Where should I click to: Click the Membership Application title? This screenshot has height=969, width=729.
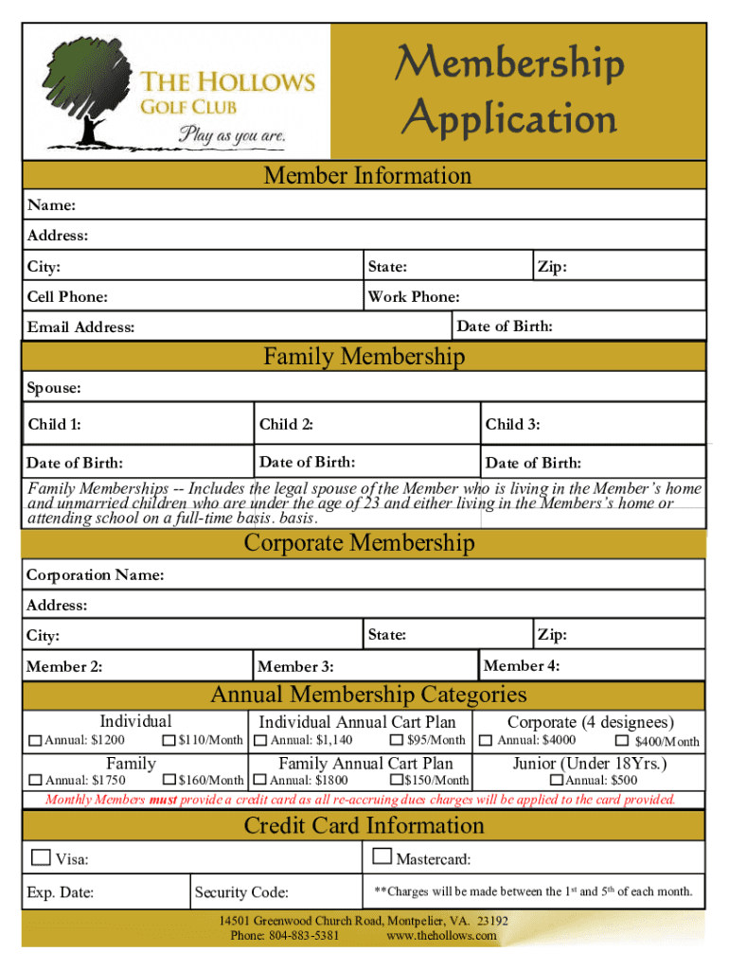click(x=510, y=92)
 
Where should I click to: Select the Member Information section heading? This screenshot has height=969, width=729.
click(x=366, y=175)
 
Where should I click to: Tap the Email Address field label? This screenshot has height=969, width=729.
click(x=80, y=327)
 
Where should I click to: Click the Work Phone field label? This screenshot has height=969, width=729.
click(x=414, y=297)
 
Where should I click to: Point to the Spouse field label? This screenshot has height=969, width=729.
click(x=54, y=388)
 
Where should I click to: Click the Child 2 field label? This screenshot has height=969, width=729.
click(x=287, y=424)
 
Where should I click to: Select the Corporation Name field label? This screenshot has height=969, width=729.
click(x=95, y=575)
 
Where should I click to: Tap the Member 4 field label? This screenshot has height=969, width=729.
click(x=522, y=666)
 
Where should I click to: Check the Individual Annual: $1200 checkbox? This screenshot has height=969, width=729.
click(x=35, y=741)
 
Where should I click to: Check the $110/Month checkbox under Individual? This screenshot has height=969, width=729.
click(x=169, y=741)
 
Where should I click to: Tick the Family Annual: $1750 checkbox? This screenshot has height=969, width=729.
click(x=35, y=781)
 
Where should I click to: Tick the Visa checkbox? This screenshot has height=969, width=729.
click(x=41, y=858)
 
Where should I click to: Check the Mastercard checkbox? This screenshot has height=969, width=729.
click(x=382, y=857)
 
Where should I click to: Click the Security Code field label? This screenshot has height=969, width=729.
click(x=241, y=892)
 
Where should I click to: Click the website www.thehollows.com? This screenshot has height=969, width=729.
click(x=441, y=936)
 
